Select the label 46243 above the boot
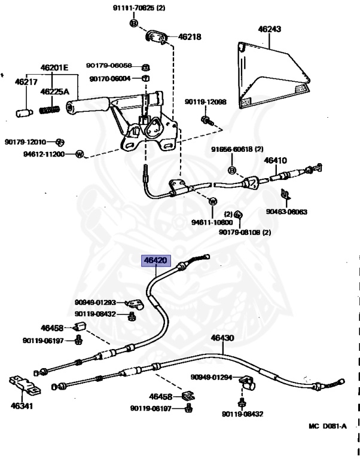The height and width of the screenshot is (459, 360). (270, 28)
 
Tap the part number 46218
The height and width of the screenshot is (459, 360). (190, 36)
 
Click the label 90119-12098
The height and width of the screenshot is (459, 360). (205, 102)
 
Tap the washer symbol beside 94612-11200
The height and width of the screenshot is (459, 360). (79, 154)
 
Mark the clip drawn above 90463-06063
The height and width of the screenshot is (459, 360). (285, 194)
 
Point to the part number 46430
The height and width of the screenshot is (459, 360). (222, 338)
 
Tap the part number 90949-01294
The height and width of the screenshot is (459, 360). (211, 377)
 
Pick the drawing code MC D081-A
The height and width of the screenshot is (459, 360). (327, 426)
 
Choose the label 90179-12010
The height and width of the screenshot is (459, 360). (25, 142)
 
